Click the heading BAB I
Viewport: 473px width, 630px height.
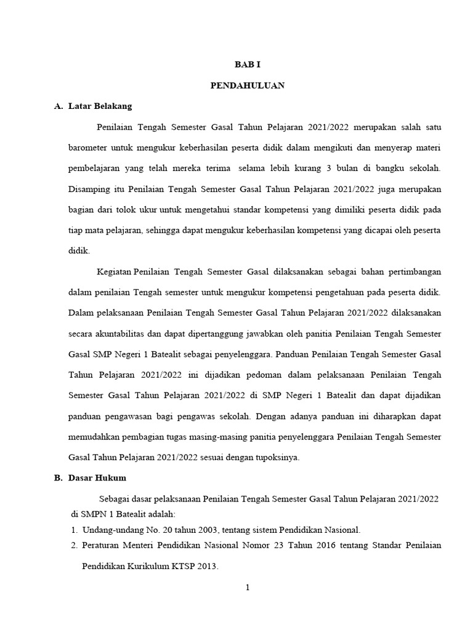(x=247, y=65)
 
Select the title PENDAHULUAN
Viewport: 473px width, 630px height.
(x=247, y=86)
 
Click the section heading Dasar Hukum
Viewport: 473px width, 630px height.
(x=97, y=478)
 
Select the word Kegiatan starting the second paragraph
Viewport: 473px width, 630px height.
(x=114, y=272)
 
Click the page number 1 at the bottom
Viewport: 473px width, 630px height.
(x=247, y=588)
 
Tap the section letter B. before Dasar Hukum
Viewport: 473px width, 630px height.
(x=58, y=478)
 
